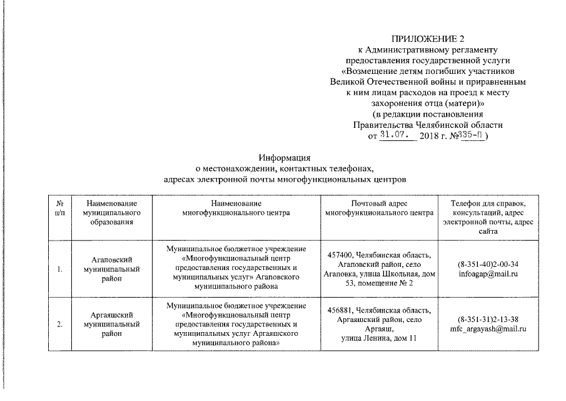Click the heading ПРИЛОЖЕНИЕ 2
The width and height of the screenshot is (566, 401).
pos(428,39)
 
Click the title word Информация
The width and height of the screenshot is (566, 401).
pos(285,158)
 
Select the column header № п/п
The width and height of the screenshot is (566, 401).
pos(59,208)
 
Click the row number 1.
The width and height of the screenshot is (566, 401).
pos(59,269)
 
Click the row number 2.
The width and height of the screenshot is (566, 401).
pos(59,324)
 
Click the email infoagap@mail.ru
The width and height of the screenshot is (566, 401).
pos(488,274)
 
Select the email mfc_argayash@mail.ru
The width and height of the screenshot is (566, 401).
pos(488,328)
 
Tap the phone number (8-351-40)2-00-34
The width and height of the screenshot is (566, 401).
pos(488,264)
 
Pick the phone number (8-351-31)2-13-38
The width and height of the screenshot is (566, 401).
pos(488,319)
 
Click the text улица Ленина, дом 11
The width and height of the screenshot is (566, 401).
pos(378,338)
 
